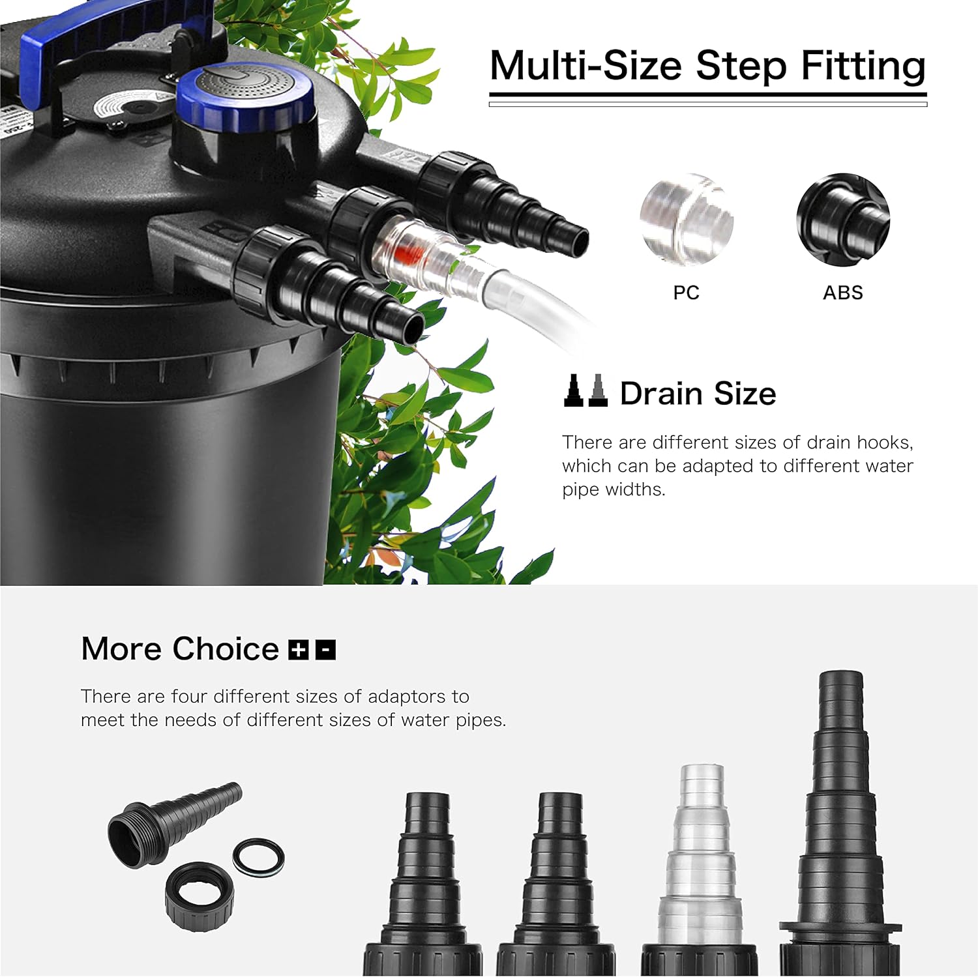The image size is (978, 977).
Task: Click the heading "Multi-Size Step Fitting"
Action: click(x=707, y=66)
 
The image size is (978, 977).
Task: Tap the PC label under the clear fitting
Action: click(x=686, y=293)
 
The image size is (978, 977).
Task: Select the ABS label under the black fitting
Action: click(x=842, y=293)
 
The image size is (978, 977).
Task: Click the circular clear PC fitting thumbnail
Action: click(x=687, y=220)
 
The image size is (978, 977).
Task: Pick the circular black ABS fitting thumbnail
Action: click(x=842, y=220)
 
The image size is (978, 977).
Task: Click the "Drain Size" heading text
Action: click(x=698, y=394)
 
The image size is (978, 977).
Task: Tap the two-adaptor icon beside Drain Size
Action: click(x=585, y=391)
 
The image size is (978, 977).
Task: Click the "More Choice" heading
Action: click(x=180, y=649)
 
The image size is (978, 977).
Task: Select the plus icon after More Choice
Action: click(x=298, y=650)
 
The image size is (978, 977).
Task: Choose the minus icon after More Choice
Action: click(x=325, y=650)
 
